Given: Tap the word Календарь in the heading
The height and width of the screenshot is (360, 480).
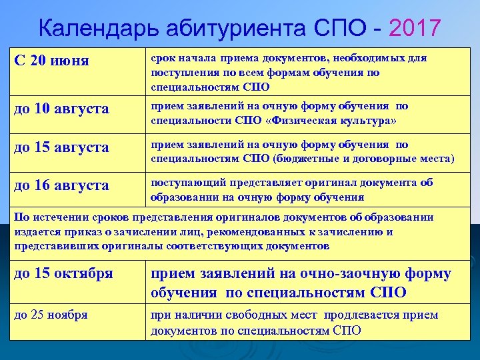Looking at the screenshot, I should click(98, 28).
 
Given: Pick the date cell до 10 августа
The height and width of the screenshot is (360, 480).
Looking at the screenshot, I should click(61, 109).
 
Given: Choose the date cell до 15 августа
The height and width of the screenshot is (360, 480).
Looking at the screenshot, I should click(61, 147).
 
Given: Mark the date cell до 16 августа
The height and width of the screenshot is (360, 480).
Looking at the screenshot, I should click(61, 185).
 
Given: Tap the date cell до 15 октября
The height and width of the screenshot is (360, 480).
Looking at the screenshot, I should click(63, 273).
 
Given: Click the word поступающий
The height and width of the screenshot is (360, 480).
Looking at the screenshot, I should click(185, 183).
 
